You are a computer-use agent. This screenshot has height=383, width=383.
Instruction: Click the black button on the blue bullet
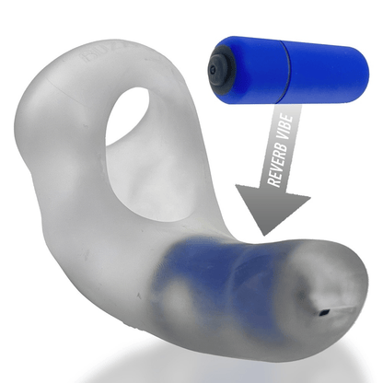point(221,70)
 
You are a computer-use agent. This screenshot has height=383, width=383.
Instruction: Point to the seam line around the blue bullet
point(284,72)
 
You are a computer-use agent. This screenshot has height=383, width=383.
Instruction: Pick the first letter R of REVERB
point(273,181)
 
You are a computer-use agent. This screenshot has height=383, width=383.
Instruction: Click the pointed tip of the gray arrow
point(263,235)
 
